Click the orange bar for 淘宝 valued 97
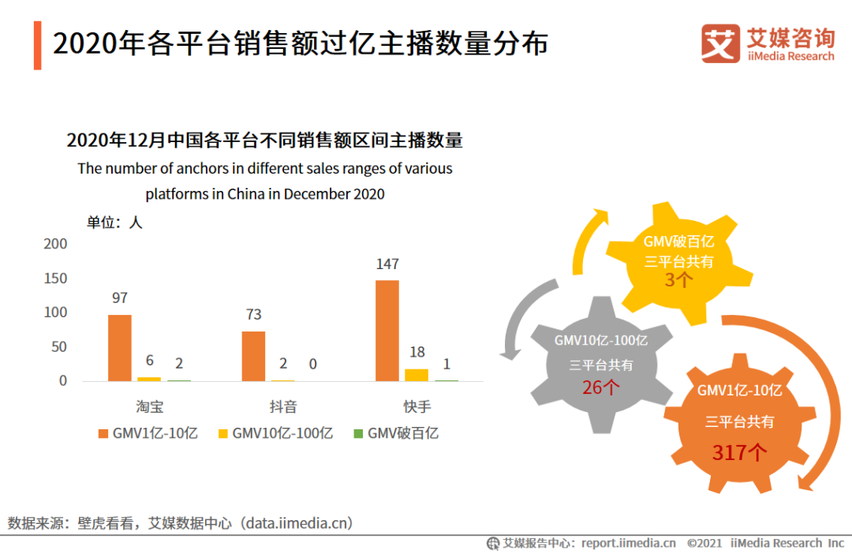pyautogui.click(x=120, y=347)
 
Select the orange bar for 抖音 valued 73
pyautogui.click(x=253, y=356)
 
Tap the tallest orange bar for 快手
pyautogui.click(x=387, y=330)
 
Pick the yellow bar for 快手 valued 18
pyautogui.click(x=417, y=375)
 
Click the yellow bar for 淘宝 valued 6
pyautogui.click(x=149, y=379)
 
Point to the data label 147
pyautogui.click(x=387, y=264)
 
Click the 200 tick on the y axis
pyautogui.click(x=55, y=244)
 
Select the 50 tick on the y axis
pyautogui.click(x=59, y=347)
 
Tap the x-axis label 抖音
pyautogui.click(x=283, y=407)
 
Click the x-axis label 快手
pyautogui.click(x=417, y=407)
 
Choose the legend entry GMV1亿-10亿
pyautogui.click(x=148, y=433)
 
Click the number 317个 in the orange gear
pyautogui.click(x=739, y=452)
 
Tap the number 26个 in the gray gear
pyautogui.click(x=601, y=387)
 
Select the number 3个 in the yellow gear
pyautogui.click(x=678, y=279)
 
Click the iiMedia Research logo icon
pyautogui.click(x=720, y=43)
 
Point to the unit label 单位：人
pyautogui.click(x=114, y=223)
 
